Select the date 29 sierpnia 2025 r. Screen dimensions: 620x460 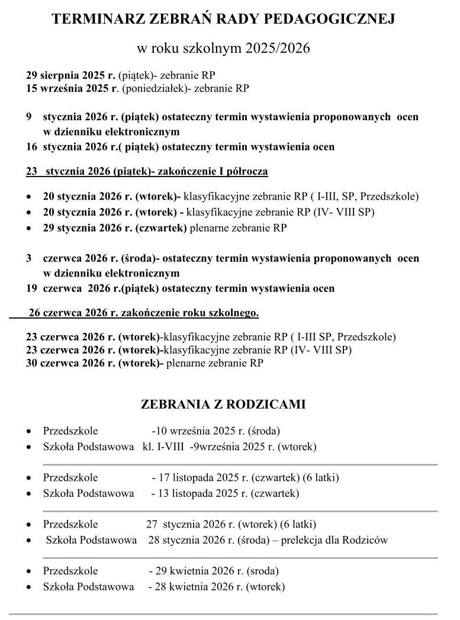click(71, 75)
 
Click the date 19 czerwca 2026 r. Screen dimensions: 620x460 click(72, 289)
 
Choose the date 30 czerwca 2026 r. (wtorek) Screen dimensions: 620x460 click(94, 363)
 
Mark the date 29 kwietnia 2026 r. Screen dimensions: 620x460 click(199, 571)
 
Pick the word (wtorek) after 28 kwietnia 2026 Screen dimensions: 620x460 click(265, 587)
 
